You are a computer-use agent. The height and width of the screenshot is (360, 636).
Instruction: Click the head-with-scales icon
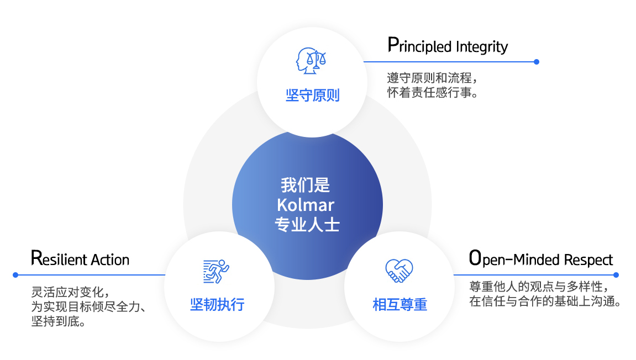(311, 61)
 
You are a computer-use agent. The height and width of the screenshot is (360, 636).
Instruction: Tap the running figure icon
(216, 271)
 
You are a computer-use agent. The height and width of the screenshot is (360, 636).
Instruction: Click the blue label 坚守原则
(312, 96)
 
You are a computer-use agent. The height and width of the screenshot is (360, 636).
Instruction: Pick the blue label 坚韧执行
(217, 304)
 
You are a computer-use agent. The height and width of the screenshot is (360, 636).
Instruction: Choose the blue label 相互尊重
(400, 304)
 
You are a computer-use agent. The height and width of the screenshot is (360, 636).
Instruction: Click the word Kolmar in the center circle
(306, 205)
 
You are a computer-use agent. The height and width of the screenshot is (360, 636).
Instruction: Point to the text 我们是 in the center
(306, 186)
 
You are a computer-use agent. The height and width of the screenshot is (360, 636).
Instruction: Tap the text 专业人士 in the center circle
(307, 225)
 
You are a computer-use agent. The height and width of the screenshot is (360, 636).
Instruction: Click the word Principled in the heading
(419, 46)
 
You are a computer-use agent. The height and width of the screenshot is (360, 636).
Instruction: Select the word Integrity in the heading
(482, 46)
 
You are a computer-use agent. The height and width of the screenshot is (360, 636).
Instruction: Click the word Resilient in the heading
(59, 258)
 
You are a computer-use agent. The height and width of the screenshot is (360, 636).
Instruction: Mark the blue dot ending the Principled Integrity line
(536, 62)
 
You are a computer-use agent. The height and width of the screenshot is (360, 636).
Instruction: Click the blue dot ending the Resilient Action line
(16, 275)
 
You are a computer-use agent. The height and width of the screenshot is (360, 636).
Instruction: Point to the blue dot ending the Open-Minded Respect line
(616, 275)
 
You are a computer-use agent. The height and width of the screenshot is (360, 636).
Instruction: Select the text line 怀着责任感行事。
(433, 92)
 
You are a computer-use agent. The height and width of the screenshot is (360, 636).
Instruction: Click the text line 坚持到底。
(59, 321)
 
